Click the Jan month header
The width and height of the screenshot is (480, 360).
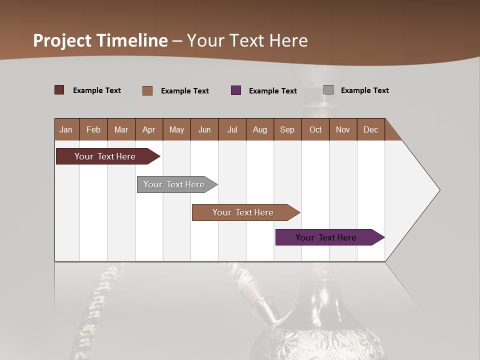(66, 129)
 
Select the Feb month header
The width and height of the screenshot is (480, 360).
(93, 129)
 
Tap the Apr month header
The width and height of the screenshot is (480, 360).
(148, 129)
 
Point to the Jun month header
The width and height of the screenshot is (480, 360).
(204, 129)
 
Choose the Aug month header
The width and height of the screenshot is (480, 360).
(259, 129)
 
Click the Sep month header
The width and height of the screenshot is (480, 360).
(287, 129)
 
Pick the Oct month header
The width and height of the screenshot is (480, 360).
(315, 129)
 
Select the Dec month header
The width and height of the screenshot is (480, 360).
(370, 129)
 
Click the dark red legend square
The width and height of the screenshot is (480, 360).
(59, 90)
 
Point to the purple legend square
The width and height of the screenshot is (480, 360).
(236, 90)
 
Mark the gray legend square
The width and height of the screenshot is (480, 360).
(328, 90)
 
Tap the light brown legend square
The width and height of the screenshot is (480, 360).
(147, 90)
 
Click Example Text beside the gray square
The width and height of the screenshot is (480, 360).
(364, 90)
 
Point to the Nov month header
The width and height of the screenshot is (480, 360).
(343, 129)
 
